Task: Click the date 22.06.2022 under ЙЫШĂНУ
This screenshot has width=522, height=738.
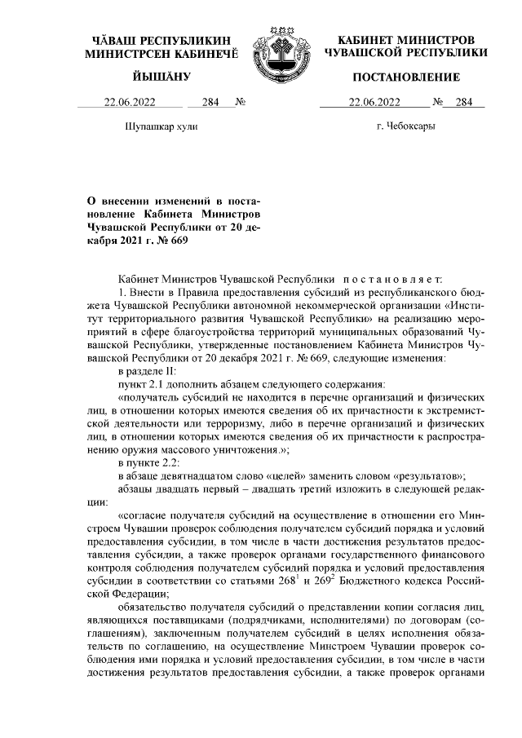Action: [x=130, y=103]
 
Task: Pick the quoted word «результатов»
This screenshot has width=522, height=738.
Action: [x=427, y=476]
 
